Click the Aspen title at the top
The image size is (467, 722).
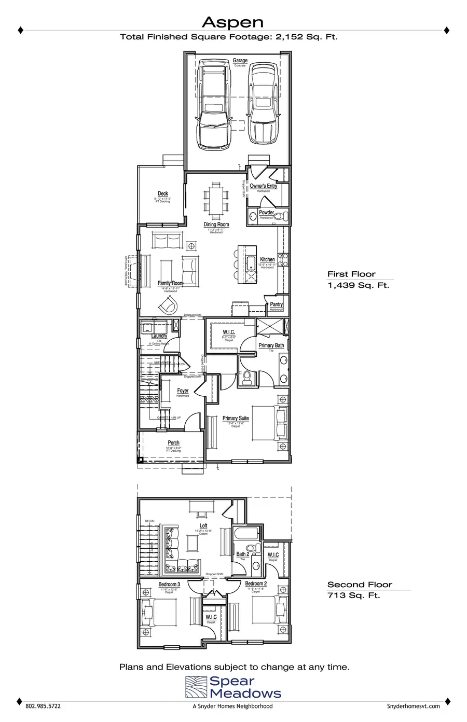232,22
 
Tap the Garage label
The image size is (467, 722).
240,61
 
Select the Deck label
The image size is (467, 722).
163,193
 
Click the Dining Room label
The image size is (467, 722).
216,225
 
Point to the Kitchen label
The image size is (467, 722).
267,259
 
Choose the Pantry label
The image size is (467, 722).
276,304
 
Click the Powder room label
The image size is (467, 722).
266,213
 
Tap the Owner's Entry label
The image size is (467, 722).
263,186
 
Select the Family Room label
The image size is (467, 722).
171,283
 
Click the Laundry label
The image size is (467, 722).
159,336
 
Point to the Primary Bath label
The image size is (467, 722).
271,345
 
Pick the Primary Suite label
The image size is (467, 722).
236,418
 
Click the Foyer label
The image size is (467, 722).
183,391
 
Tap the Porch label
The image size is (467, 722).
173,443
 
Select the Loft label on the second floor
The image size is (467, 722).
203,526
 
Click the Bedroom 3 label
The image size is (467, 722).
169,585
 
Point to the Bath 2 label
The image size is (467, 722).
242,554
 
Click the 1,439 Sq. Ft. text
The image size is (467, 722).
358,285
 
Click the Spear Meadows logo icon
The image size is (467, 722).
196,687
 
